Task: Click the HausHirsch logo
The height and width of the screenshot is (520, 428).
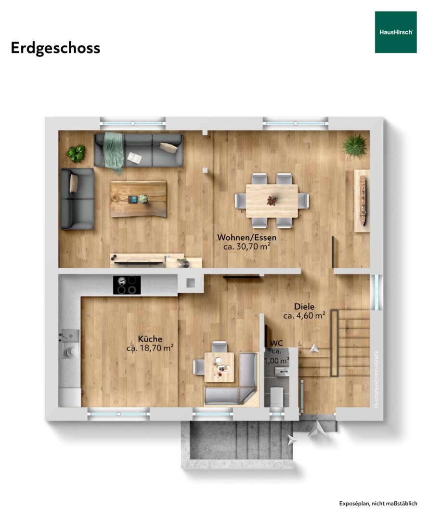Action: (396, 32)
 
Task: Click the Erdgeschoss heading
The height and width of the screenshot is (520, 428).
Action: (55, 49)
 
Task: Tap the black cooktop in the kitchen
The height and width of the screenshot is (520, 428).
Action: (127, 285)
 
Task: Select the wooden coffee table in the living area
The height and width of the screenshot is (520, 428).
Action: (138, 199)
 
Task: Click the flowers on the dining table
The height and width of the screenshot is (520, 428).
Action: (272, 200)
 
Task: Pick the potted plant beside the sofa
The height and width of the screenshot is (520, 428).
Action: (76, 154)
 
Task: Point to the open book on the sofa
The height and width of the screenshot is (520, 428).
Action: (135, 157)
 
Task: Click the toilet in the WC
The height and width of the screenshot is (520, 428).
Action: (276, 395)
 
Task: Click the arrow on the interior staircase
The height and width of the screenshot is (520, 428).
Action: (313, 349)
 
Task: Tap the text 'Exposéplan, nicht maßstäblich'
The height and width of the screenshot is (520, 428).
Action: (378, 504)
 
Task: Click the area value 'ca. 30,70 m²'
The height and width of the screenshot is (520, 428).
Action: (246, 247)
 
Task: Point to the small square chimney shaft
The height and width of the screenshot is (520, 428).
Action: (191, 283)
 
